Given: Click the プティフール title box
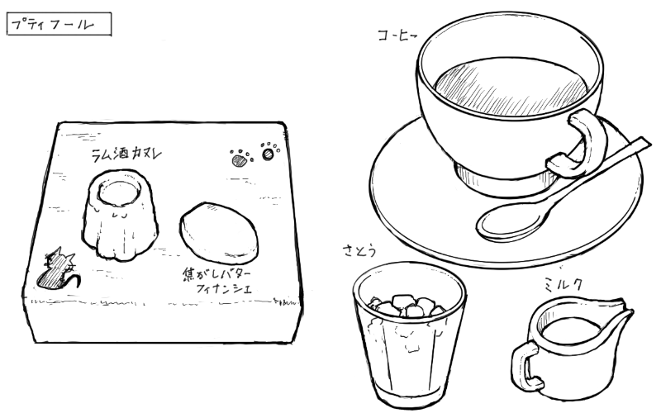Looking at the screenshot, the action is point(59,24).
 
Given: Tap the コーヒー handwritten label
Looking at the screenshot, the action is point(397,36).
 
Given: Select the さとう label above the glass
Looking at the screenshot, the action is point(359,251).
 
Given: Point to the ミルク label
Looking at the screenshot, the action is point(563,285).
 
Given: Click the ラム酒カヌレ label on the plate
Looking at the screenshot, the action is point(126,154).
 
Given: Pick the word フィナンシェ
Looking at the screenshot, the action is point(224,288).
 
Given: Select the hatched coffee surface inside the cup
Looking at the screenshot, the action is point(510,88).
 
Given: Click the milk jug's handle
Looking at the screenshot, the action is point(525,367).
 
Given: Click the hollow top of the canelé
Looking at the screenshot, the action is point(119,191).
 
